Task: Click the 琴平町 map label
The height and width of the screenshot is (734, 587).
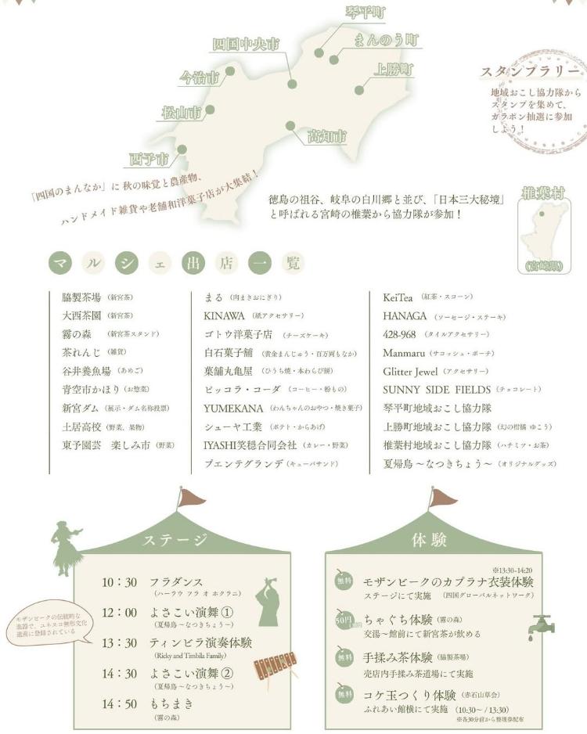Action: pyautogui.click(x=366, y=13)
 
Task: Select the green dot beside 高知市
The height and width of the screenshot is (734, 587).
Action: pyautogui.click(x=290, y=125)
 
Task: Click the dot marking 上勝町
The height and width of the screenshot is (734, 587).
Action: pyautogui.click(x=358, y=89)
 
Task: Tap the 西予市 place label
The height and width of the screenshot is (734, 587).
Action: pyautogui.click(x=149, y=160)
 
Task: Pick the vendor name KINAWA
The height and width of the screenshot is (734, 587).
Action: pyautogui.click(x=224, y=316)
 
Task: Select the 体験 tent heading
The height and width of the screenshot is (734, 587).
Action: pyautogui.click(x=429, y=540)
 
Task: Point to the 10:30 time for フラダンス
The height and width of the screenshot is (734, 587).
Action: pyautogui.click(x=120, y=583)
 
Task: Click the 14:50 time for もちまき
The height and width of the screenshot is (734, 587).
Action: pyautogui.click(x=120, y=703)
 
